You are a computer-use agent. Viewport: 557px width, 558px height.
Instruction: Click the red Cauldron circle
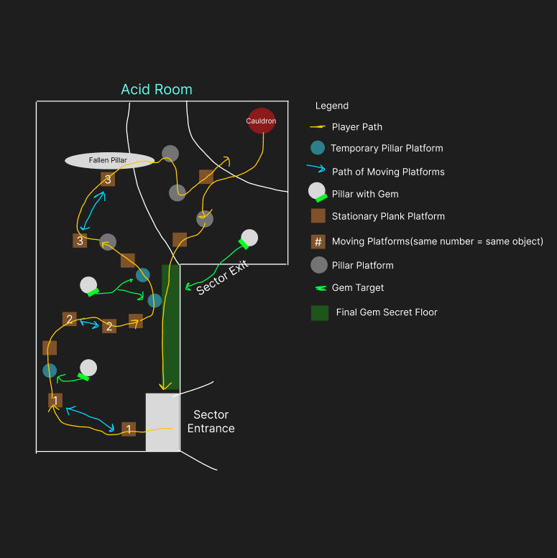[x=262, y=121]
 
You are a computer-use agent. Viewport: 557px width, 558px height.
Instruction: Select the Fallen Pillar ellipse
[x=109, y=160]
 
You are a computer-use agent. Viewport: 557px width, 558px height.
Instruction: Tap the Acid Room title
[x=157, y=89]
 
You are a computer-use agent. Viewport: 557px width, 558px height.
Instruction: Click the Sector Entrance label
[x=211, y=422]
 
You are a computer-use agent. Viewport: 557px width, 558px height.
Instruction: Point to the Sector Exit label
[x=222, y=277]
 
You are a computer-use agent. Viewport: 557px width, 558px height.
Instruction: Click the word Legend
[x=332, y=106]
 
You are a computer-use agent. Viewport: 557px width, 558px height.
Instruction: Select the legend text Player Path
[x=357, y=127]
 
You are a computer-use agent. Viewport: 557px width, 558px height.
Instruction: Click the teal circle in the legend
[x=318, y=148]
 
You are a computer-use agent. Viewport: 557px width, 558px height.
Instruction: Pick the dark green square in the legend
[x=320, y=313]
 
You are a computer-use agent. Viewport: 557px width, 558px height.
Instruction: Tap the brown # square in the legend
[x=318, y=241]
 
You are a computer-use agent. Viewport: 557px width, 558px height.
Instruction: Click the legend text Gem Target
[x=358, y=287]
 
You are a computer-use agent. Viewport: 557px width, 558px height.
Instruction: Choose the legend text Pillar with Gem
[x=365, y=194]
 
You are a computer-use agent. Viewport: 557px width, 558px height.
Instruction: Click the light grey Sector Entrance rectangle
[x=162, y=422]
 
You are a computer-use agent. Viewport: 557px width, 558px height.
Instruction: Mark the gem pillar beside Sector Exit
[x=249, y=238]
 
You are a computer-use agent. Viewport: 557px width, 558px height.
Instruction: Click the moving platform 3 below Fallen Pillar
[x=108, y=180]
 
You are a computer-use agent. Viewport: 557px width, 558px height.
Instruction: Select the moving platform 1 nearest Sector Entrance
[x=129, y=429]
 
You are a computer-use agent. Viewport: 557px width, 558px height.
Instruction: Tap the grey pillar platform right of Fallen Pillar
[x=170, y=154]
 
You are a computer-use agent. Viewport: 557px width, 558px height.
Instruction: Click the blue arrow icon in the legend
[x=316, y=168]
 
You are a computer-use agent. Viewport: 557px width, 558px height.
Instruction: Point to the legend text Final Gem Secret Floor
[x=387, y=312]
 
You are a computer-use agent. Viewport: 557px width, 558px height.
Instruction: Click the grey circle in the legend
[x=318, y=265]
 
